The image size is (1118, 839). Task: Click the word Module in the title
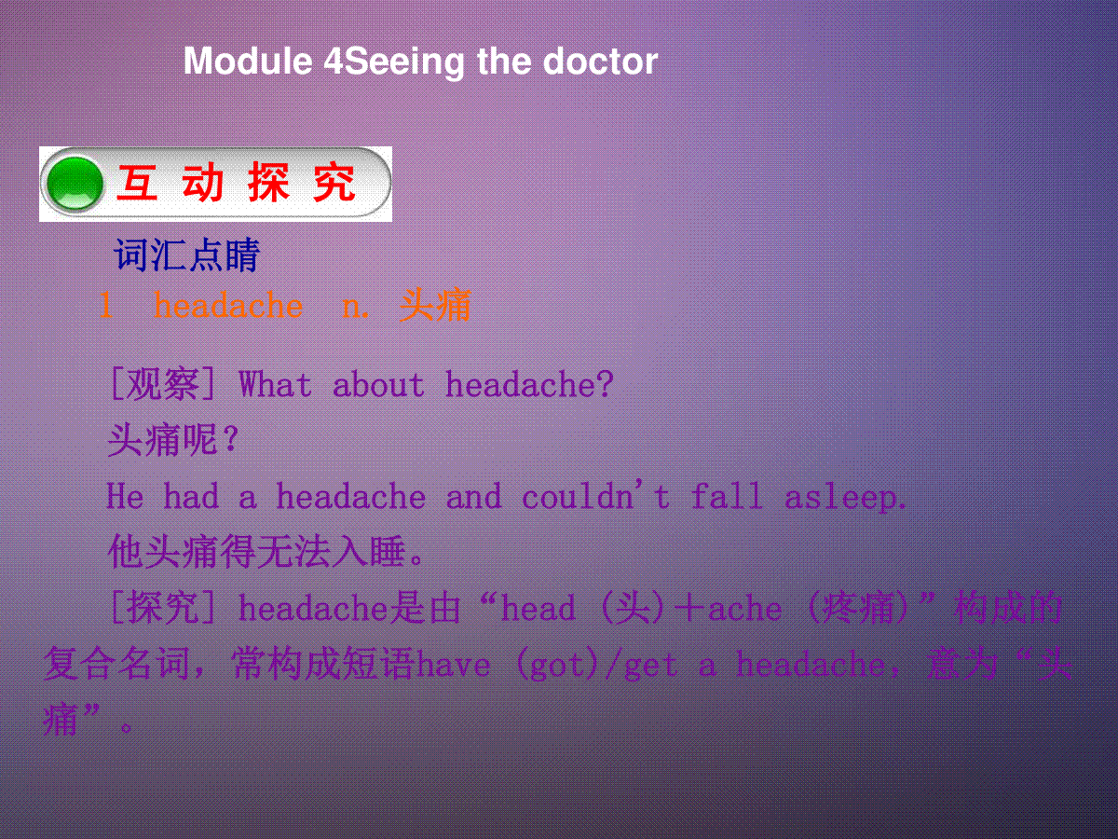click(248, 62)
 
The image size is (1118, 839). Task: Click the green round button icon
click(75, 184)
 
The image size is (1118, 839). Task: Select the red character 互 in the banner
click(137, 183)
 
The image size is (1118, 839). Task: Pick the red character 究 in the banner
click(334, 183)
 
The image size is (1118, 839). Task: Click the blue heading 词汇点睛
click(187, 254)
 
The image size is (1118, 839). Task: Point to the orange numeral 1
click(106, 305)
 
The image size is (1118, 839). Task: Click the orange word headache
click(228, 305)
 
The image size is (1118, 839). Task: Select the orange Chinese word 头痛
click(435, 305)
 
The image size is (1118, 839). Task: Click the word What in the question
click(275, 384)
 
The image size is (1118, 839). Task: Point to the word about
click(378, 384)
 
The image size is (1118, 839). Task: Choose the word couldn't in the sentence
click(596, 495)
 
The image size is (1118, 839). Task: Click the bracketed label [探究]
click(163, 607)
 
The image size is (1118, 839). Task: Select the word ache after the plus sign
click(744, 608)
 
